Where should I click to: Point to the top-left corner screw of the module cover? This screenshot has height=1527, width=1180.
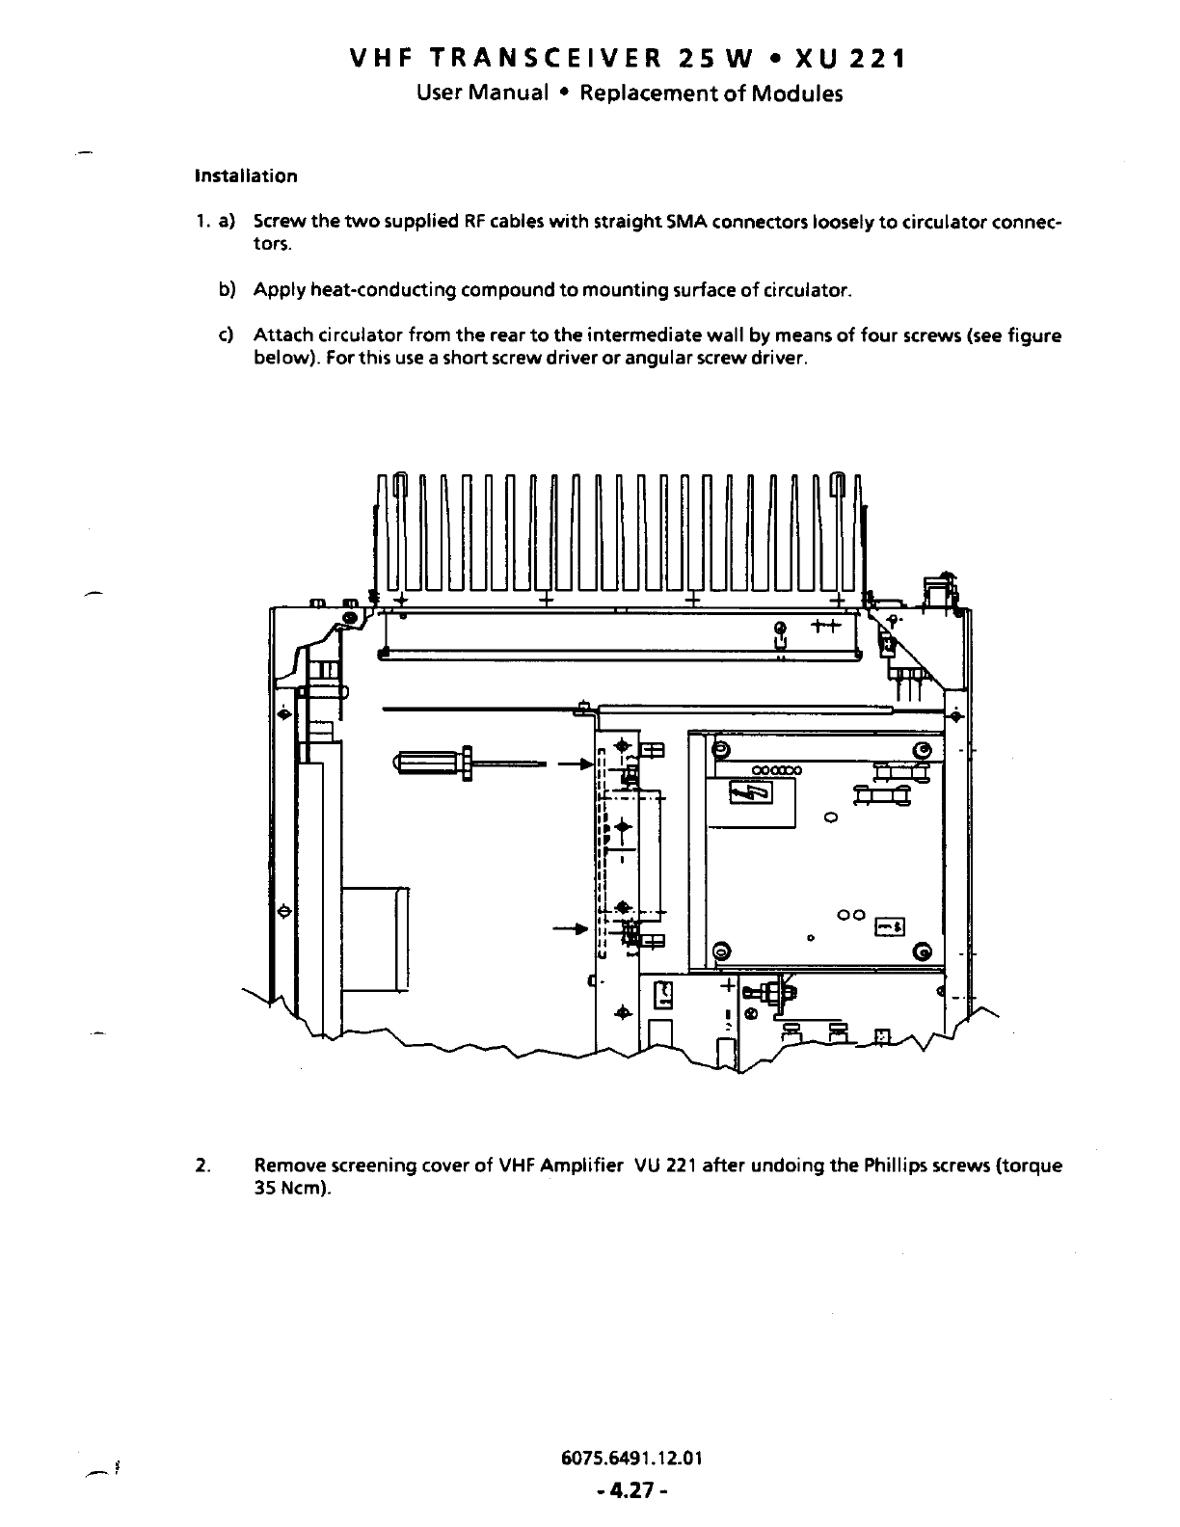[719, 751]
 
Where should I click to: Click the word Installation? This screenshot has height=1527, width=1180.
[246, 176]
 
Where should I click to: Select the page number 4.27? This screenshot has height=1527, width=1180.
[632, 1491]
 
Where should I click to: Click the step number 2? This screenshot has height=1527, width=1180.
[200, 1165]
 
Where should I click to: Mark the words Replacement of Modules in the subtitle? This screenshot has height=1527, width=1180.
[711, 94]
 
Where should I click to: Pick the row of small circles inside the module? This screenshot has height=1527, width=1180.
[777, 770]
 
